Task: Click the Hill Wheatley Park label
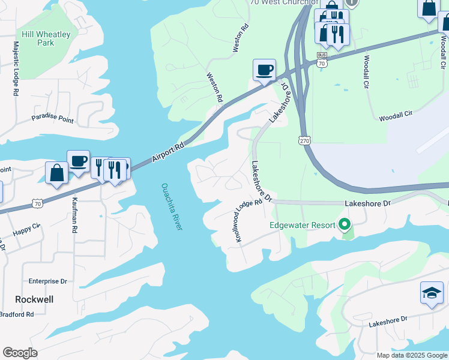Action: pyautogui.click(x=46, y=38)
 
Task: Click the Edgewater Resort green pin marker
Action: pyautogui.click(x=344, y=225)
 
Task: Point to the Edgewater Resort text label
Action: pyautogui.click(x=302, y=225)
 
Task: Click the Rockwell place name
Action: pyautogui.click(x=34, y=299)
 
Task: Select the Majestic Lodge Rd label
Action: pyautogui.click(x=16, y=69)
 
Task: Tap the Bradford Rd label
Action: pyautogui.click(x=16, y=314)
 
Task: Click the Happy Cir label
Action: pyautogui.click(x=26, y=229)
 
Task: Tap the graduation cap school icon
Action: pyautogui.click(x=431, y=292)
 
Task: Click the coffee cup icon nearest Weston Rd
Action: pyautogui.click(x=264, y=70)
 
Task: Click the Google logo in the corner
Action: pyautogui.click(x=20, y=353)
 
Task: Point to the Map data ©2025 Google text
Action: pyautogui.click(x=411, y=355)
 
